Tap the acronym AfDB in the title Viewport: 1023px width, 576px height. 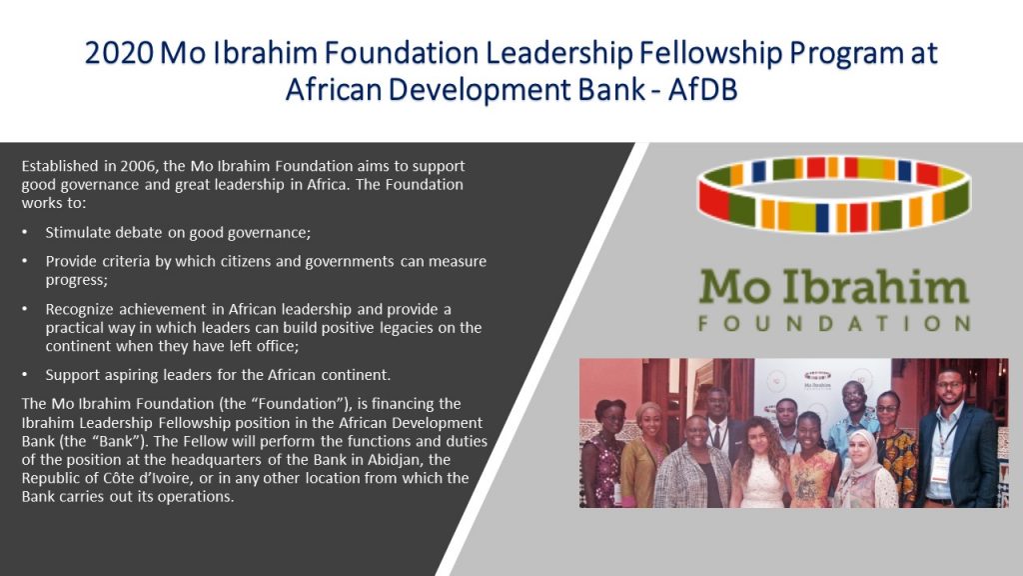[x=702, y=89]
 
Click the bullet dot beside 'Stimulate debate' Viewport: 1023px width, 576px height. [x=25, y=232]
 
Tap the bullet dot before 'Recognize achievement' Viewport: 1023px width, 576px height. [x=25, y=308]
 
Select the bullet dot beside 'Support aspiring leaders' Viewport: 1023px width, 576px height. [x=25, y=374]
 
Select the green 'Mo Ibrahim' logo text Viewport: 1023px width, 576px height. [x=834, y=287]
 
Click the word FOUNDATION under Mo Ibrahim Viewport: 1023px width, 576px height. [x=834, y=323]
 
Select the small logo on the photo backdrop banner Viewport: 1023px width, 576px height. [x=817, y=380]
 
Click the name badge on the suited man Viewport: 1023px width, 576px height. [x=940, y=468]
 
